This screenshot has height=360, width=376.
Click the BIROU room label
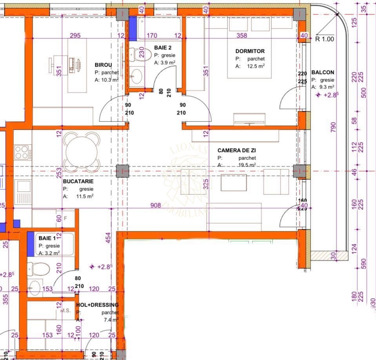pos(104,65)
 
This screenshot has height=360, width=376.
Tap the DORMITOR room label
pos(250,51)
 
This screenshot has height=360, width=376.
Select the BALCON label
pos(323,73)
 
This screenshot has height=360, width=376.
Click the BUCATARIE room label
pos(78,182)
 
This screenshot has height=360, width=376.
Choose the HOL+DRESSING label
pos(98,305)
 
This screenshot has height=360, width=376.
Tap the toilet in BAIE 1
pos(39,269)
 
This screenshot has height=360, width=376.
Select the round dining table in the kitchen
pos(82,152)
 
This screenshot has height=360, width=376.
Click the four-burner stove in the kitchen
pos(22,152)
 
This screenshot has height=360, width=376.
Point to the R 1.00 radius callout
pos(325,39)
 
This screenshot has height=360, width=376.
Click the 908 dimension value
pos(156,205)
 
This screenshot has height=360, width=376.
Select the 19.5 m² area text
pos(247,165)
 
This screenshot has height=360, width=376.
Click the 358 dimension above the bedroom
pos(242,36)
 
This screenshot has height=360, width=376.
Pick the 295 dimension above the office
pos(75,36)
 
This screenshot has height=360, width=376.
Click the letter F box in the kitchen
pos(65,218)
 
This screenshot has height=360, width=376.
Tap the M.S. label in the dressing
pos(65,311)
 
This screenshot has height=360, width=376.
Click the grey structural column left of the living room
pos(123,171)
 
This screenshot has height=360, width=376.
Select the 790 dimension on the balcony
pos(333,127)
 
